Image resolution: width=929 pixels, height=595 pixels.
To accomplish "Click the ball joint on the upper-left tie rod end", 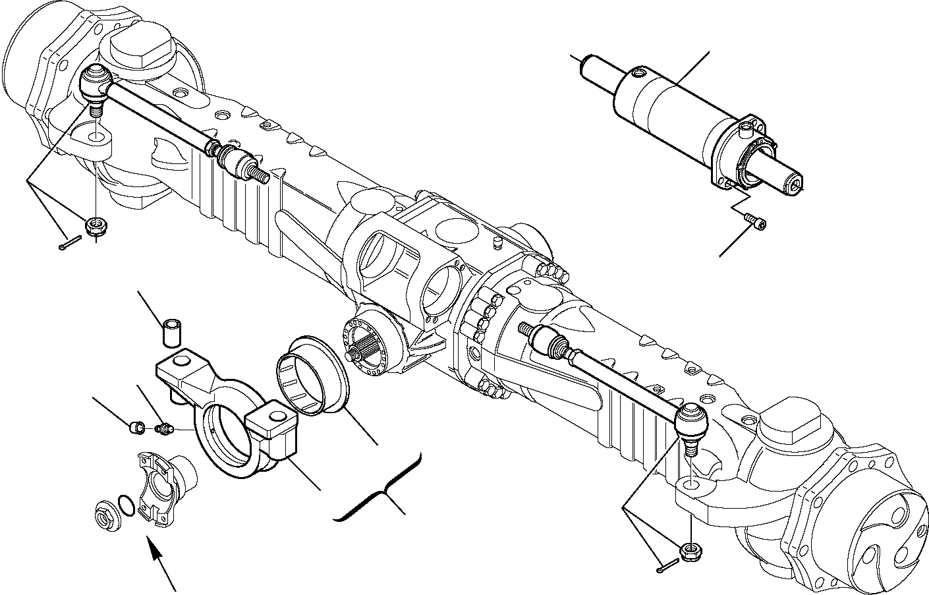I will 93,85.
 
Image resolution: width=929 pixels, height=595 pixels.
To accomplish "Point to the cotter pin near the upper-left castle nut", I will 67,246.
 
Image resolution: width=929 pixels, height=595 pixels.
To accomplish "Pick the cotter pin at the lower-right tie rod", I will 667,565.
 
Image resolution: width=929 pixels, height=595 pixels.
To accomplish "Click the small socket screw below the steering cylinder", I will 754,221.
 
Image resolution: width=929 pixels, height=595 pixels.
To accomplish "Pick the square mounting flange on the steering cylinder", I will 738,152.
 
